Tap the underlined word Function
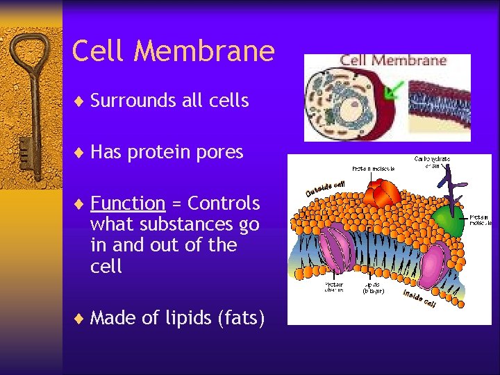128,203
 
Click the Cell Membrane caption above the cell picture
392,60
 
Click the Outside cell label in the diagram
325,187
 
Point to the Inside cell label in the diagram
419,299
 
